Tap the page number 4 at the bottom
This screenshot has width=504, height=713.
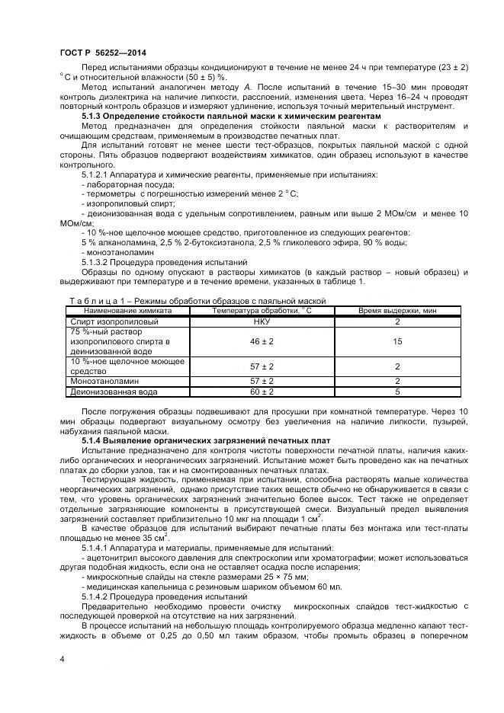click(x=62, y=656)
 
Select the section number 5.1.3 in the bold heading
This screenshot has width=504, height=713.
click(x=93, y=117)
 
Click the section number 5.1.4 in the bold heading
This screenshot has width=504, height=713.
click(x=93, y=442)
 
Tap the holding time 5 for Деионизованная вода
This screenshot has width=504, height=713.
click(x=397, y=392)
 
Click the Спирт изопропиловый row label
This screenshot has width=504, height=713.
click(x=104, y=322)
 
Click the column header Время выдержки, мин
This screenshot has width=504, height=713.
click(x=397, y=311)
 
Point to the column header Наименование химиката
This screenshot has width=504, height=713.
click(x=127, y=311)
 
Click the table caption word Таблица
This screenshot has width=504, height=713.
click(x=89, y=301)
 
